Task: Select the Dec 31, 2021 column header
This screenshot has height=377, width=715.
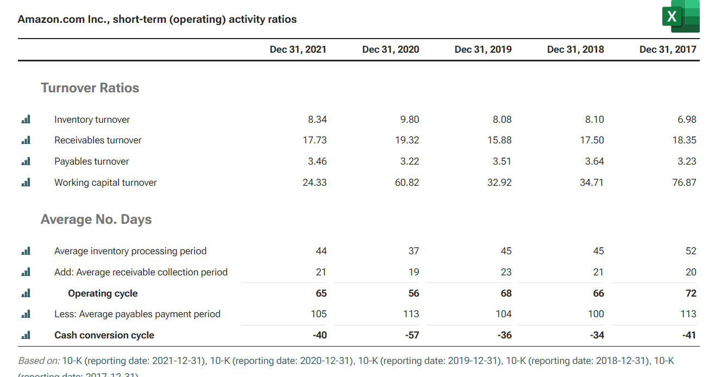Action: tap(298, 49)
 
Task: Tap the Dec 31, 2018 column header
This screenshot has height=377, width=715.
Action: tap(575, 49)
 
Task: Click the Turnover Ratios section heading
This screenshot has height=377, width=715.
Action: tap(90, 88)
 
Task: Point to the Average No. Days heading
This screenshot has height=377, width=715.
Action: tap(96, 219)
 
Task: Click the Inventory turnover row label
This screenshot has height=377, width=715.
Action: tap(92, 120)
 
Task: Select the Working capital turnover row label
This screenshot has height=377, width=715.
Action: tap(105, 183)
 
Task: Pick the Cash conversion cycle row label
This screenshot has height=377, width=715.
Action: tap(104, 335)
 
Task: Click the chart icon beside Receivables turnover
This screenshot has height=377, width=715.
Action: tap(26, 140)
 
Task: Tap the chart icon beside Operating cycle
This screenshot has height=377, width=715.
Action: tap(26, 293)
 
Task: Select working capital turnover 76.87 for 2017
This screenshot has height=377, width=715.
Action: tap(684, 183)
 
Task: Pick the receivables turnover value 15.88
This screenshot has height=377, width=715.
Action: tap(499, 140)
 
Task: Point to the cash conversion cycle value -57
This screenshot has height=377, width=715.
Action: tap(412, 335)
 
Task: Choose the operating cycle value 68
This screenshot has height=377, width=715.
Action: tap(506, 293)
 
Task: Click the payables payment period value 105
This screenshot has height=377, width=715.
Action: tap(318, 314)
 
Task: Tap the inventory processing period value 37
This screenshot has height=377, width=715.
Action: tap(413, 251)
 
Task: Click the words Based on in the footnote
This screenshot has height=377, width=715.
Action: tap(39, 361)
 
